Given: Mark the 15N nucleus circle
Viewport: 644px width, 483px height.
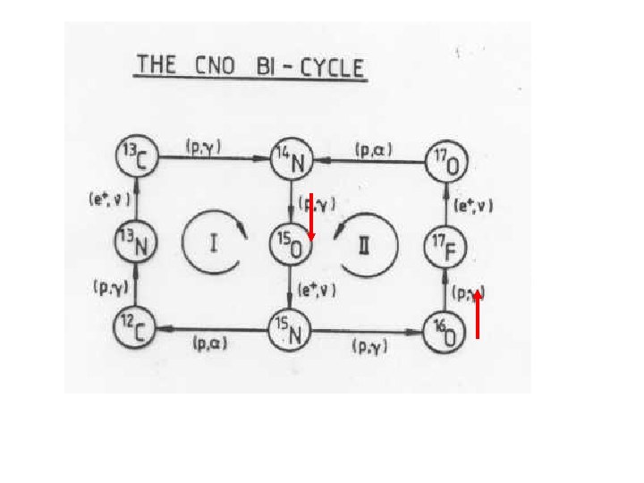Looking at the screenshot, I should coord(290,333).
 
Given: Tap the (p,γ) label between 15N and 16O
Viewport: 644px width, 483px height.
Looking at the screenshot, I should coord(368,344).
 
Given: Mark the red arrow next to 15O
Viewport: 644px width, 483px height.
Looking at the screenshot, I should coord(309,216).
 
